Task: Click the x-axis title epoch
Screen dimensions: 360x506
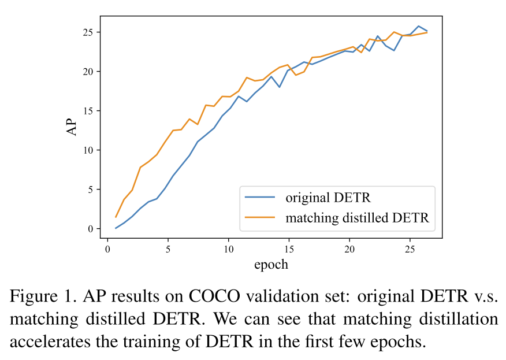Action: (x=271, y=265)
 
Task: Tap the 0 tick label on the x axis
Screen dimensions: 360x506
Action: (x=107, y=249)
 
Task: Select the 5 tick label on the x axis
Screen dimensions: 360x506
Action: (x=168, y=249)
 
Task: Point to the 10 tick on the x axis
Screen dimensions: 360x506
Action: (x=228, y=249)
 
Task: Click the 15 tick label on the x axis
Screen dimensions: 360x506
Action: (x=289, y=249)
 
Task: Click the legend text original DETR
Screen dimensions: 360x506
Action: (x=328, y=198)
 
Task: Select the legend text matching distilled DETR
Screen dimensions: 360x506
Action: (x=357, y=218)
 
